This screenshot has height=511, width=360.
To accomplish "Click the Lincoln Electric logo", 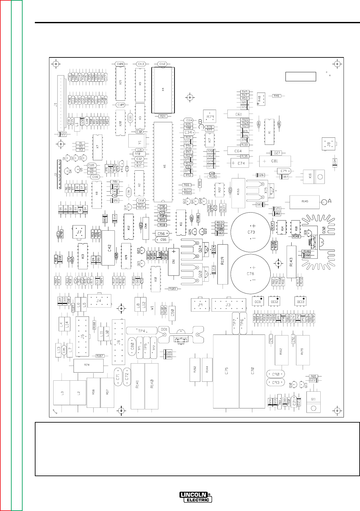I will pos(196,497).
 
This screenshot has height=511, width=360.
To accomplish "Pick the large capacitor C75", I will pos(226,372).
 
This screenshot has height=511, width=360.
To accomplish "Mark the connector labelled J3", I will pos(228,305).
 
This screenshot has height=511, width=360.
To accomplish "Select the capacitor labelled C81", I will pos(275,161).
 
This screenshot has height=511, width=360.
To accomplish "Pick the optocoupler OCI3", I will pos(300,301).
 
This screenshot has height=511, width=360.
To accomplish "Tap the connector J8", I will pos(329,145).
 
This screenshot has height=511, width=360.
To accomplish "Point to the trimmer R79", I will pos(210,116).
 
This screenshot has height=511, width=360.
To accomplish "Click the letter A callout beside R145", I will pos(330,201).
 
